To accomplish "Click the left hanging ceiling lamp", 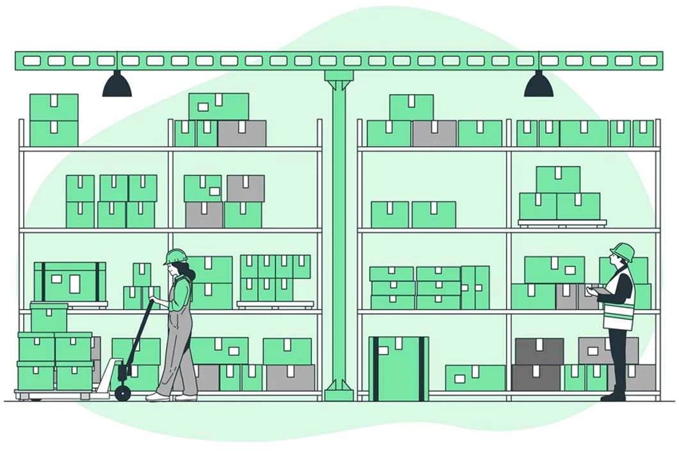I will [x=117, y=85].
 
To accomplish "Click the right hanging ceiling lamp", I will [x=538, y=85].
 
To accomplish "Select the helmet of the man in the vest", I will [x=623, y=251].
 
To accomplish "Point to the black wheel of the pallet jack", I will [x=122, y=393].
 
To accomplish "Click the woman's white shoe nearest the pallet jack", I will [x=156, y=397].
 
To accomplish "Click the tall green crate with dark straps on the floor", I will [x=398, y=369].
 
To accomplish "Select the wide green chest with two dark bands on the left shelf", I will [x=70, y=281].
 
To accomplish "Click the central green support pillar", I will [x=339, y=230].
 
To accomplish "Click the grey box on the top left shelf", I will [x=241, y=133].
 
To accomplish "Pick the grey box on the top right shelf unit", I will [x=434, y=133].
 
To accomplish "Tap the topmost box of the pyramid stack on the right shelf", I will [x=558, y=179].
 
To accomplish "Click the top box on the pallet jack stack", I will [x=49, y=318].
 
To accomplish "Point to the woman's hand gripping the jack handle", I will [x=154, y=299].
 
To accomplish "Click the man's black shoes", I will [x=614, y=396].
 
